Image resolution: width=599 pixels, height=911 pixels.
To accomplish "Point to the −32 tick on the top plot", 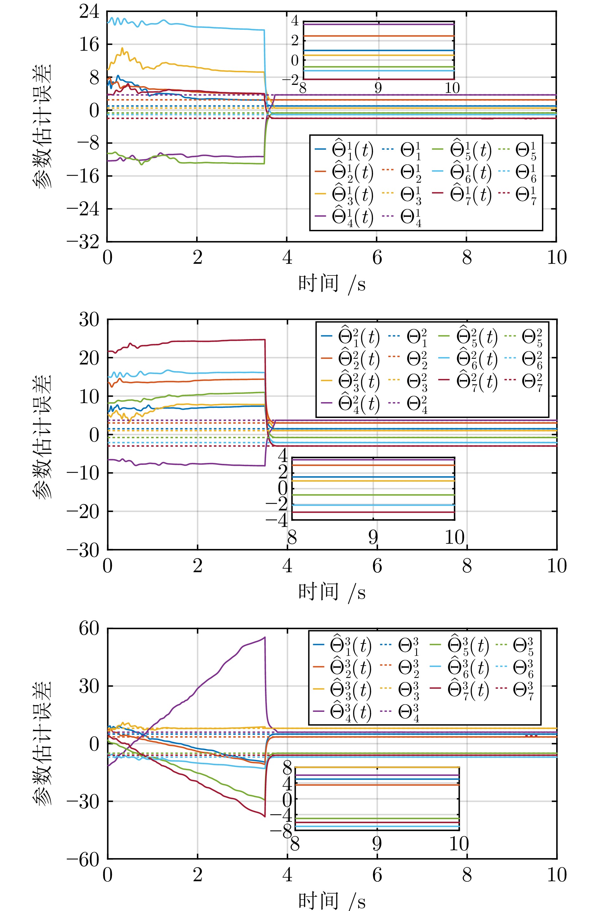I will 83,242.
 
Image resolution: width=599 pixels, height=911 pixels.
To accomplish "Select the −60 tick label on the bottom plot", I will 83,859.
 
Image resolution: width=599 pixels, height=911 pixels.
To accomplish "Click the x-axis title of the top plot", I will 332,284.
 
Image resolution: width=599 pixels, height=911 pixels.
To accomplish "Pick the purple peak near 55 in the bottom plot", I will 264,637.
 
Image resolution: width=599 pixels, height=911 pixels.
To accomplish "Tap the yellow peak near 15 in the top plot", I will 122,48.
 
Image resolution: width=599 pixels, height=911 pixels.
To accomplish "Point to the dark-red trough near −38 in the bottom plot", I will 264,816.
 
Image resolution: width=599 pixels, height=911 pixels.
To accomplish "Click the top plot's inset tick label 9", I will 378,88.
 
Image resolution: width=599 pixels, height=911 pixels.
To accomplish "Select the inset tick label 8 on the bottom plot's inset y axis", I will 287,768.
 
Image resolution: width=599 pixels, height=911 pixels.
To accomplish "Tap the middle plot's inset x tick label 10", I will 454,538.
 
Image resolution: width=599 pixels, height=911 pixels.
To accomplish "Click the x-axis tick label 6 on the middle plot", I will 377,566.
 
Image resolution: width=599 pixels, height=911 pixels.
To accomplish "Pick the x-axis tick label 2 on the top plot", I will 197,258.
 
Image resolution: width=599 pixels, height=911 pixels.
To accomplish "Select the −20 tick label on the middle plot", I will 83,511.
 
